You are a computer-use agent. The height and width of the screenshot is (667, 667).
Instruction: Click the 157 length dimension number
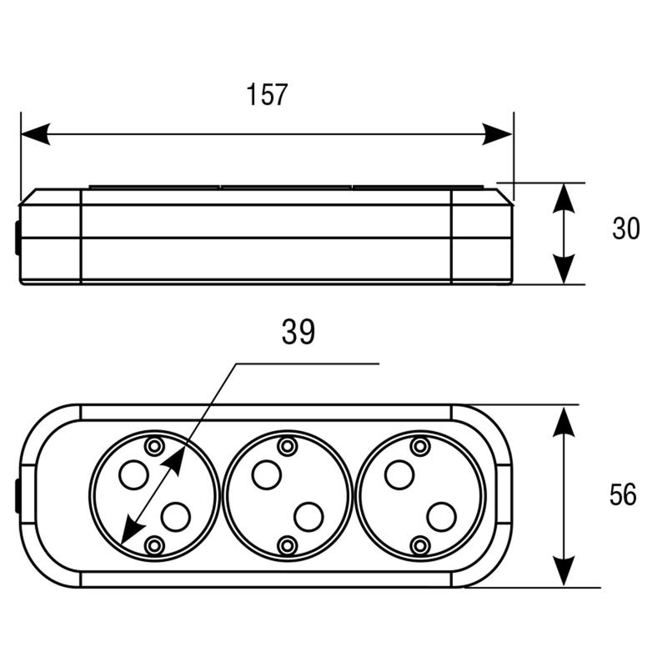267,94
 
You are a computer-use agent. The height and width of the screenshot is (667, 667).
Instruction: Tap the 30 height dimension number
626,228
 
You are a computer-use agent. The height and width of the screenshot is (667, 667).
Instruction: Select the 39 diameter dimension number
298,332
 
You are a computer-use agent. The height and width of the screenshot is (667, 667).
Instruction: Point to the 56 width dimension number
623,494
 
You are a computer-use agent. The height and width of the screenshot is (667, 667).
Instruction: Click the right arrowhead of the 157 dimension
497,134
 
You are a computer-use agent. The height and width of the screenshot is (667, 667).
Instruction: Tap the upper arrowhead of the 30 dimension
564,198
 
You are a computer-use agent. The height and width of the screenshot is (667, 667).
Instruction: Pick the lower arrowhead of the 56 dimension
564,571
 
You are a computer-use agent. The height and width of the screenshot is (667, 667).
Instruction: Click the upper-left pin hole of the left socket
133,474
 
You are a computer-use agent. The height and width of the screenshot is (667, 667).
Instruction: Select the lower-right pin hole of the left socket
175,516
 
